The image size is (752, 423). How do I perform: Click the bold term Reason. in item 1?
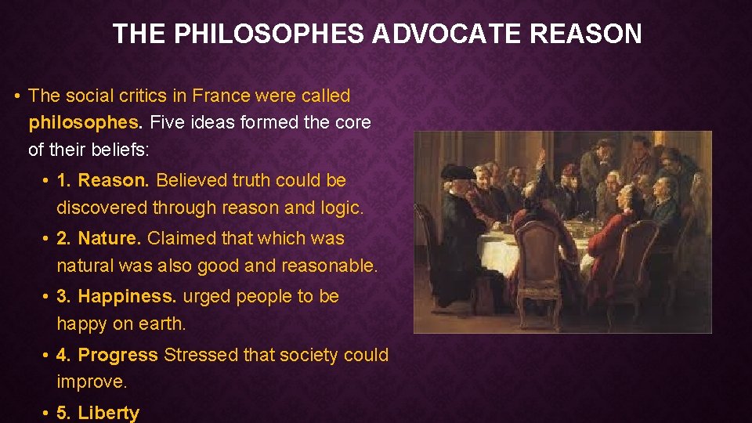point(114,180)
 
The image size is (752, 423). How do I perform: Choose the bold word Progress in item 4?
point(118,355)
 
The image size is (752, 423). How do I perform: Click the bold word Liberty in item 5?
point(109,413)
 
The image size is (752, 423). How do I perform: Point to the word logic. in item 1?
point(342,208)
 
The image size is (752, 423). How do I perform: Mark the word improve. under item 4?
point(91,381)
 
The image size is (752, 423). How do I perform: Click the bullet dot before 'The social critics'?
point(17,96)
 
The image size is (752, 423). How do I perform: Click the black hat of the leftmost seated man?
point(457,172)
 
